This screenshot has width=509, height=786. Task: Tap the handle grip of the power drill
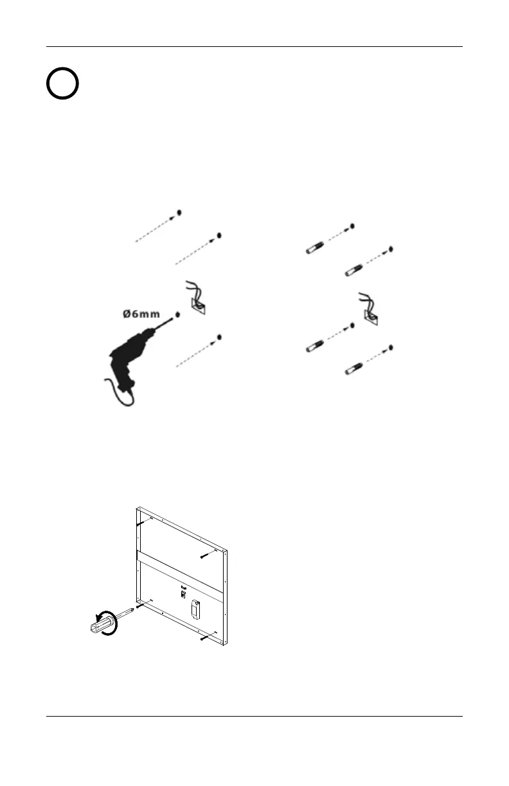(123, 379)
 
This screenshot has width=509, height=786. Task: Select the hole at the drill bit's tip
(177, 315)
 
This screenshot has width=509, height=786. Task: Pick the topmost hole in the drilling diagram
(179, 212)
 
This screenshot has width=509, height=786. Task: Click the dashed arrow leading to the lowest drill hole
(196, 353)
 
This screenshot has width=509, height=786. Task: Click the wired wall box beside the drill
(197, 302)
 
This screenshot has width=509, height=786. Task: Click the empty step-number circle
(62, 83)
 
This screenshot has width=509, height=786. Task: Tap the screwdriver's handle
(102, 625)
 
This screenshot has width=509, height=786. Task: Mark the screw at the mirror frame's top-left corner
(143, 525)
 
